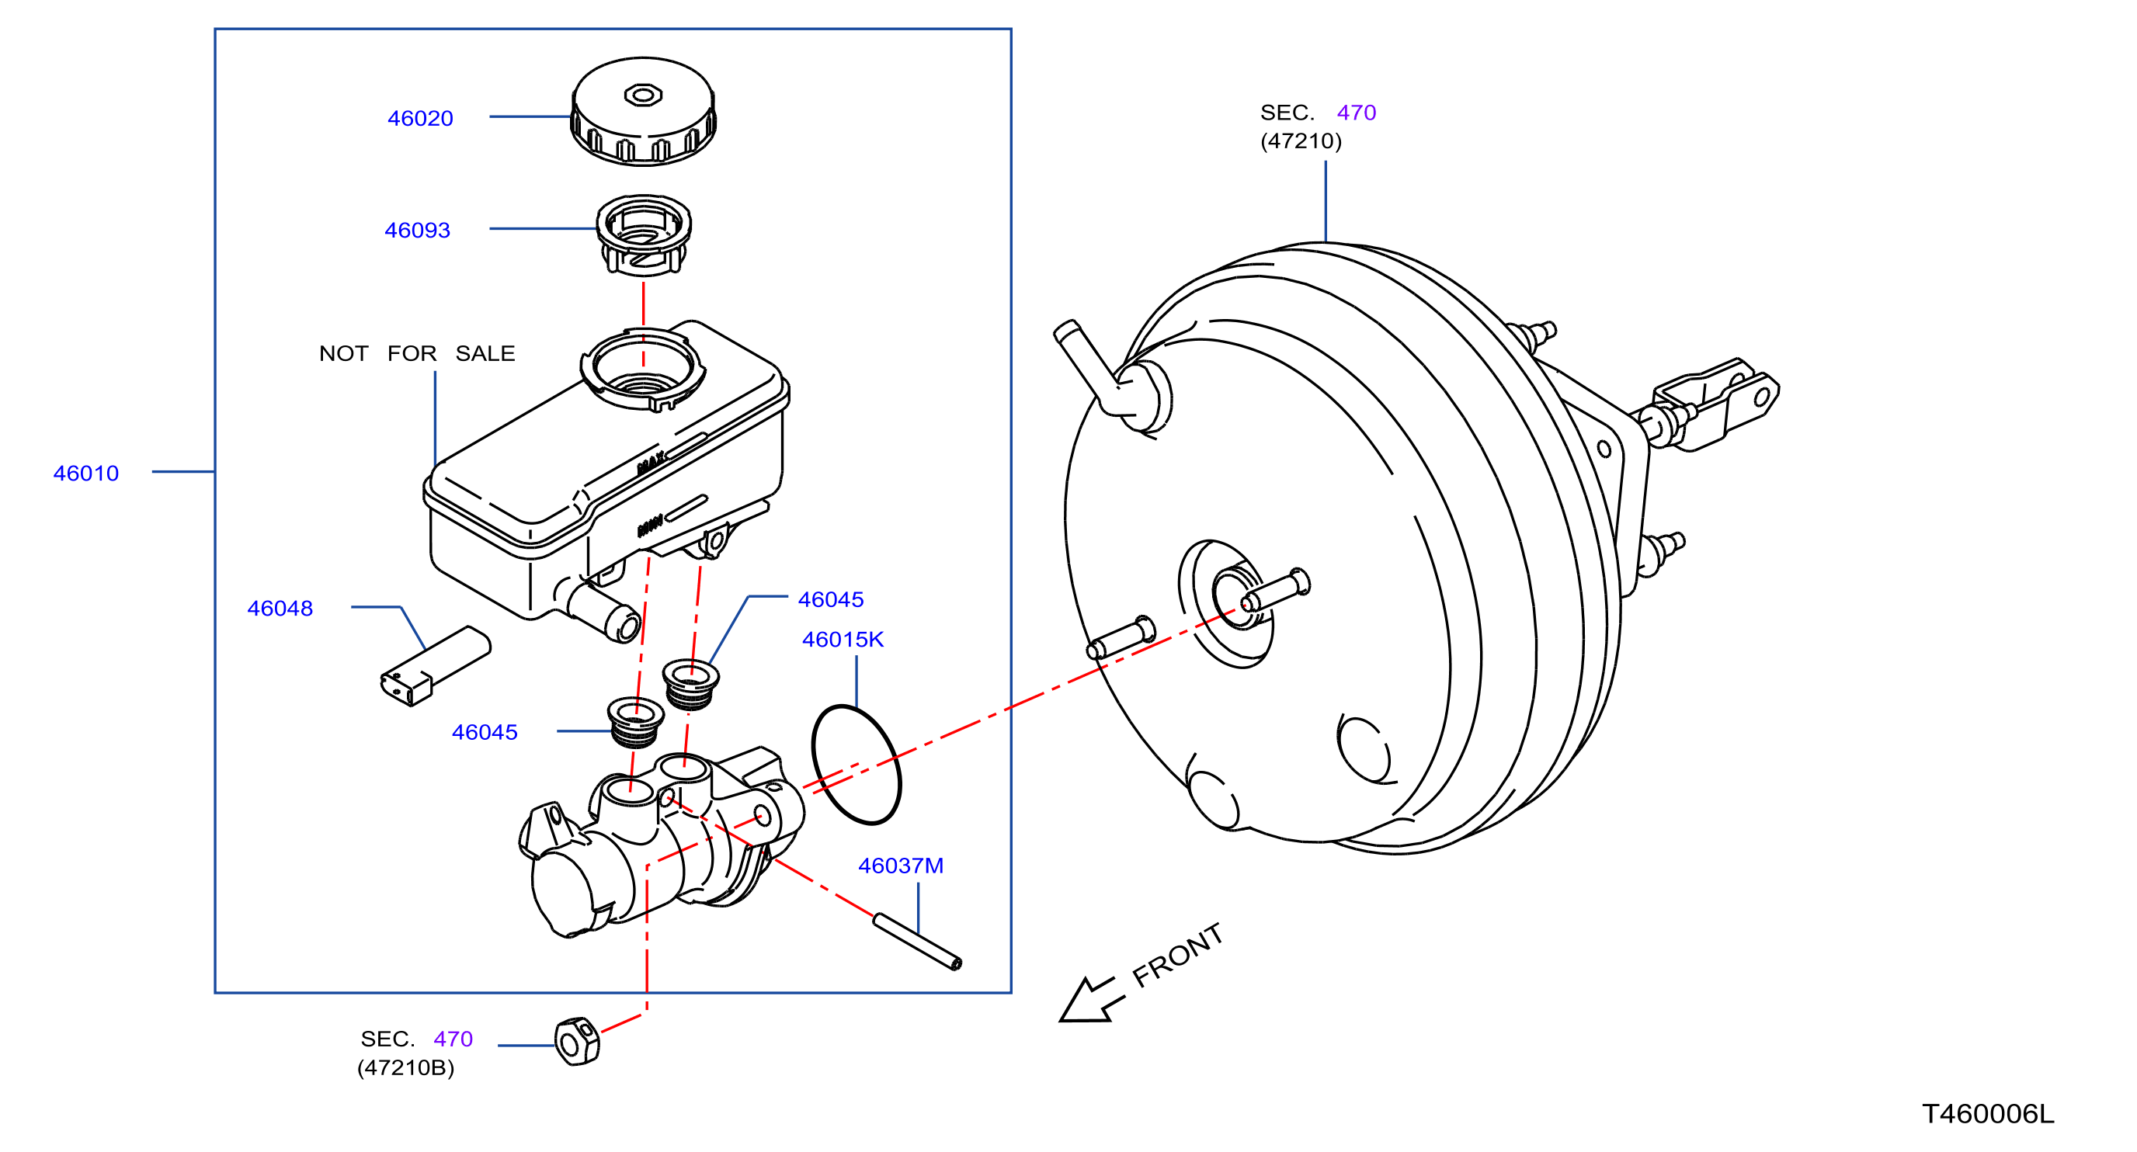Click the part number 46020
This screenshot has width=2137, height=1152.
point(420,119)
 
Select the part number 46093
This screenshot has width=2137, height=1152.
point(417,231)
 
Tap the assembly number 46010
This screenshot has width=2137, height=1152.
point(86,474)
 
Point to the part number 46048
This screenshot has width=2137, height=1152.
point(280,609)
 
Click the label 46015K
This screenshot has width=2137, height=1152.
point(843,640)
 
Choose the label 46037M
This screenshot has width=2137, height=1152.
point(901,866)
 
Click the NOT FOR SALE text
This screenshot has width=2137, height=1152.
point(417,354)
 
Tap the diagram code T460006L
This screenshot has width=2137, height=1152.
point(1988,1114)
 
